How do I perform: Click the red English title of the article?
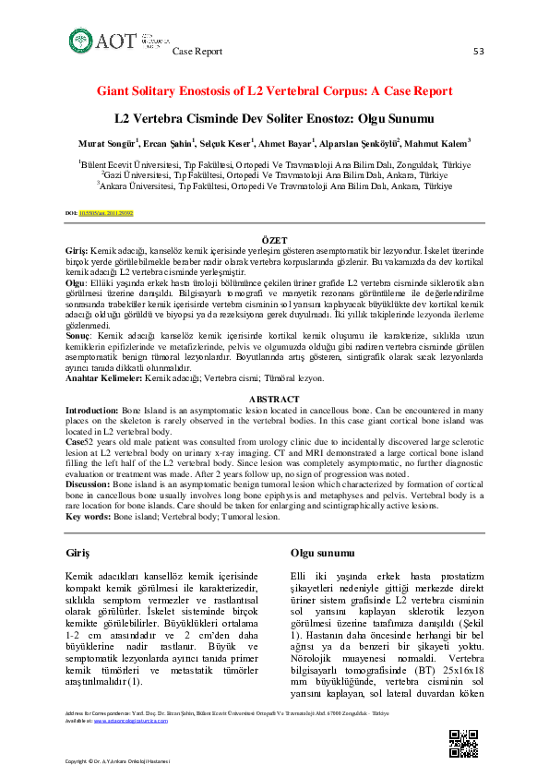275,91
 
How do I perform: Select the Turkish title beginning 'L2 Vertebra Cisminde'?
274,120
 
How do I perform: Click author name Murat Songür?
107,143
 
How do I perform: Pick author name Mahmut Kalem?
440,143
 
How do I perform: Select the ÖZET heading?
274,239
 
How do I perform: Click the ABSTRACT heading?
274,399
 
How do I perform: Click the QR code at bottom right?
463,743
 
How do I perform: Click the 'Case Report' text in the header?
197,52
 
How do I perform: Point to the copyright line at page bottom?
124,760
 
